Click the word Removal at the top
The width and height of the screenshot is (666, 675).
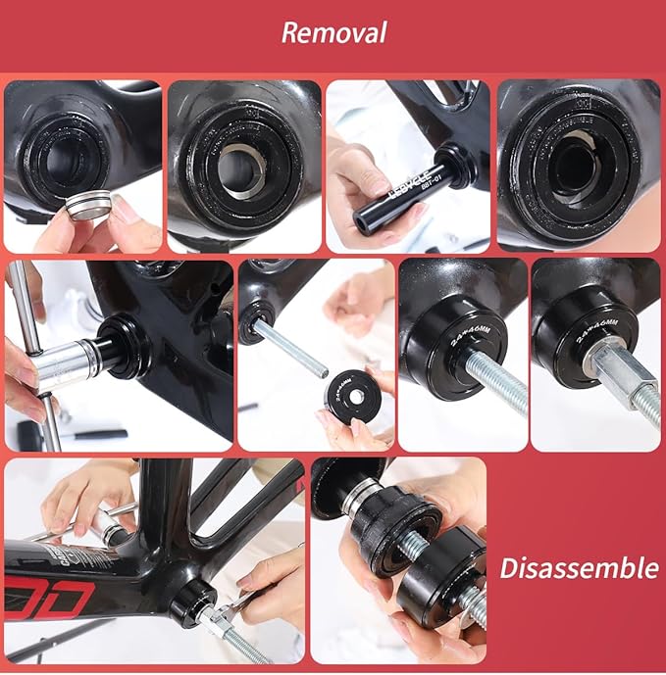click(333, 31)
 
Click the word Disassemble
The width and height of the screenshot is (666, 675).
click(579, 567)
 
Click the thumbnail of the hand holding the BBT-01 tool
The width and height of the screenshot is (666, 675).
click(407, 167)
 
